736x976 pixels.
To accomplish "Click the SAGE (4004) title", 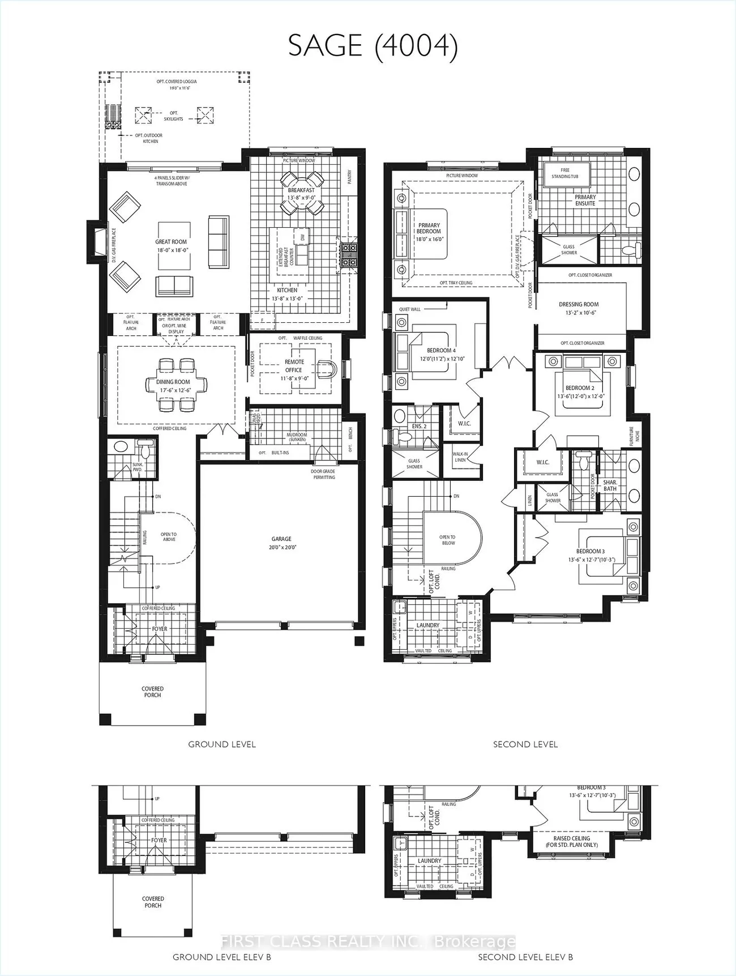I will (373, 45).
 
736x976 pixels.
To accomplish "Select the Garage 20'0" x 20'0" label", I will (281, 543).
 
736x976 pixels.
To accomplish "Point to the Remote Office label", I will (294, 366).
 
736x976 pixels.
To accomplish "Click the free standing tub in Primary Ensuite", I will (565, 173).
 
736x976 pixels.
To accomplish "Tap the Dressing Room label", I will (579, 308).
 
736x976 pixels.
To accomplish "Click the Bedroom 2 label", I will (580, 392).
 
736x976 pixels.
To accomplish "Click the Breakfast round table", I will (301, 191).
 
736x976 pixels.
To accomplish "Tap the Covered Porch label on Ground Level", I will (152, 692).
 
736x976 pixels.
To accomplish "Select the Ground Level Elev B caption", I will (222, 957).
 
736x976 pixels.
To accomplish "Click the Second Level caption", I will (525, 744).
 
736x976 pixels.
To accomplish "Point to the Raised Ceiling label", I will (571, 841).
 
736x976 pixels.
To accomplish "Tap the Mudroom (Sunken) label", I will (297, 437).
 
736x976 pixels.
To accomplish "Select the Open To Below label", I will (447, 540).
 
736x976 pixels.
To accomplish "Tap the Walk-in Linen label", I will (460, 457).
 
